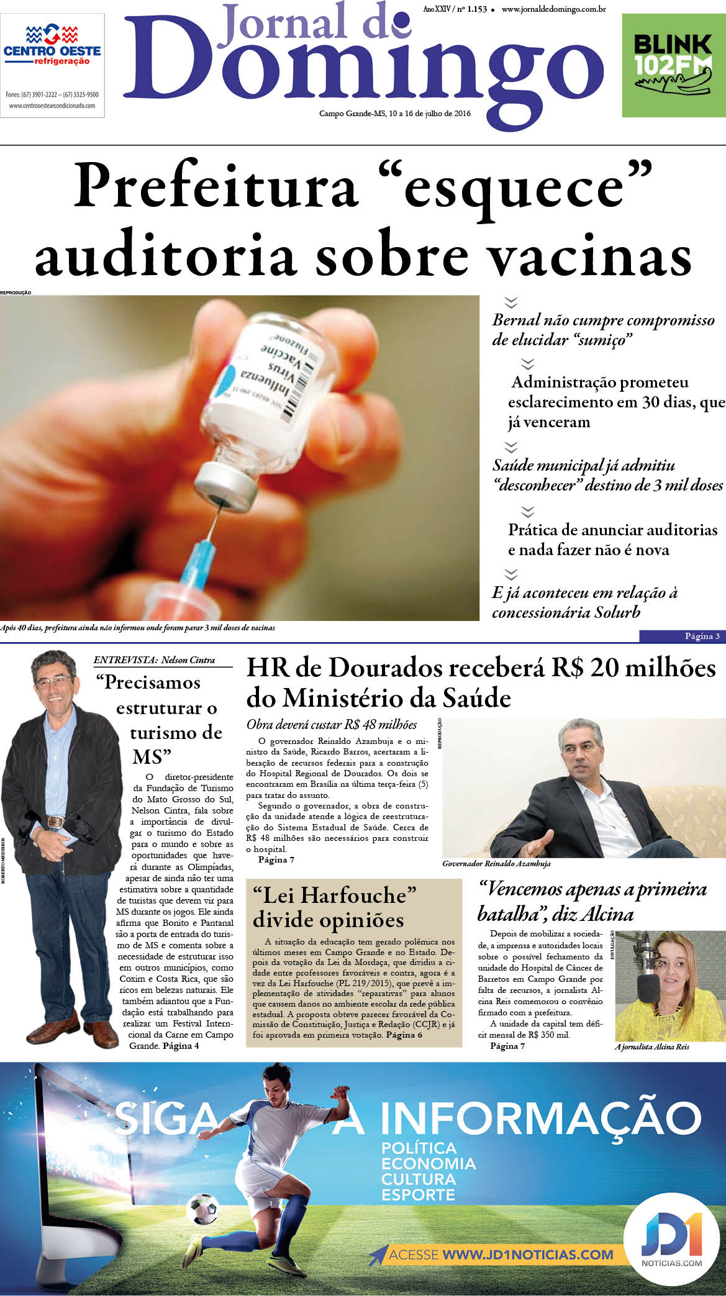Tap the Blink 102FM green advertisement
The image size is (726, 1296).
click(x=673, y=65)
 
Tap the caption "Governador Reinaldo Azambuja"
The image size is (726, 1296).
click(x=496, y=864)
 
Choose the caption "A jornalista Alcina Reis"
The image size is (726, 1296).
click(x=651, y=1047)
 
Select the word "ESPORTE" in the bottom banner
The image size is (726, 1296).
click(x=418, y=1195)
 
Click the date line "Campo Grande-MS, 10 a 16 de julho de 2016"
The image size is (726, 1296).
click(x=394, y=114)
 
